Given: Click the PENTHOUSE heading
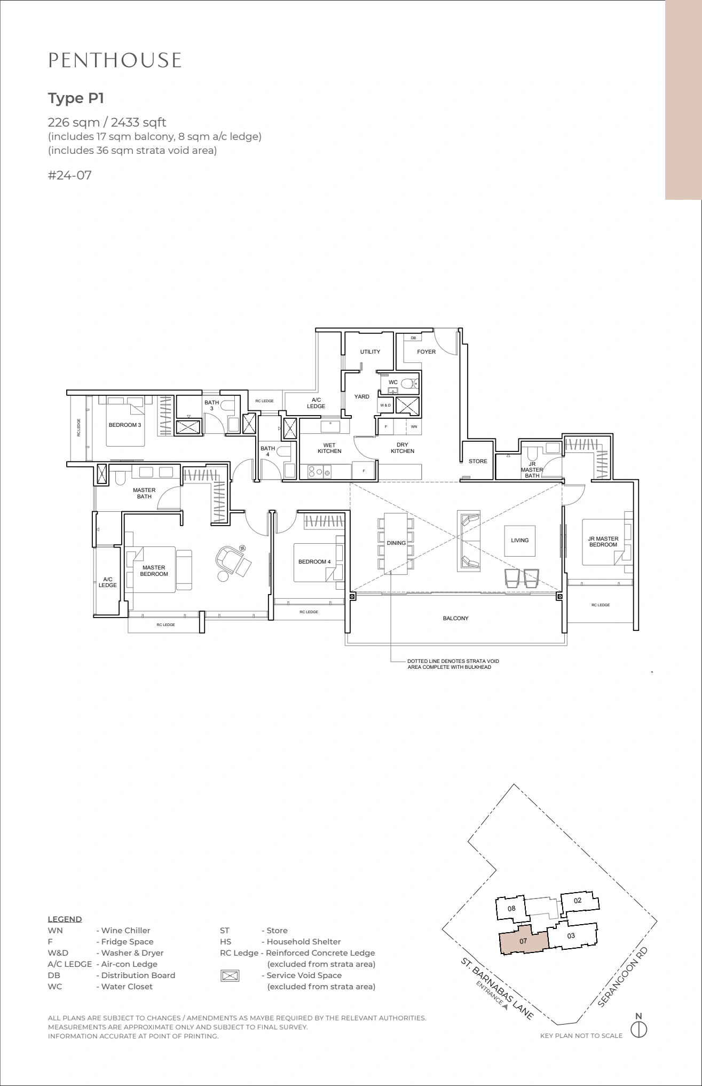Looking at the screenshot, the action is pyautogui.click(x=115, y=60).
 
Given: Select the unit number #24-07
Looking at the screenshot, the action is pyautogui.click(x=70, y=175).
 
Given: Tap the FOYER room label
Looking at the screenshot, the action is pyautogui.click(x=426, y=351).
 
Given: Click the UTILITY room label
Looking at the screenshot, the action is pyautogui.click(x=370, y=351).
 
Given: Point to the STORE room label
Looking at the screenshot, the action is pyautogui.click(x=478, y=461).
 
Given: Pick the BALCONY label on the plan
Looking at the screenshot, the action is pyautogui.click(x=455, y=618).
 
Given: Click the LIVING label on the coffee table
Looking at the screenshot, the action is pyautogui.click(x=519, y=540).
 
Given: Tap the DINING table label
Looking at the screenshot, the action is pyautogui.click(x=396, y=543).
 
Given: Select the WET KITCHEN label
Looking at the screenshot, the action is pyautogui.click(x=329, y=448).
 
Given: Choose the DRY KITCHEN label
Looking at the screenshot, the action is pyautogui.click(x=403, y=448).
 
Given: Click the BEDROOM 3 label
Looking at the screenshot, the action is pyautogui.click(x=125, y=425).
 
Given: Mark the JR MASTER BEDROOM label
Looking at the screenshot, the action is pyautogui.click(x=603, y=542).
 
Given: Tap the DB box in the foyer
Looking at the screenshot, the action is pyautogui.click(x=413, y=338).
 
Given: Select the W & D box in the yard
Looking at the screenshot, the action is pyautogui.click(x=385, y=405).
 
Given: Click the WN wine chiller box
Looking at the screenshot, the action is pyautogui.click(x=414, y=427).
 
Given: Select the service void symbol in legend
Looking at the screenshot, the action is pyautogui.click(x=230, y=975).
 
